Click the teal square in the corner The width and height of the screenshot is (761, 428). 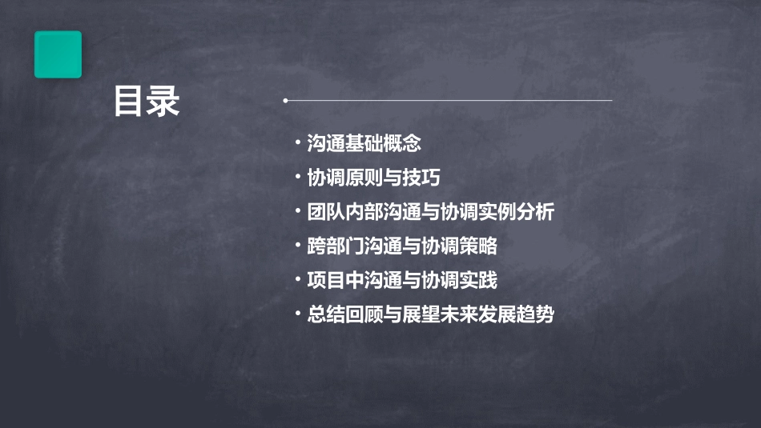[x=58, y=54]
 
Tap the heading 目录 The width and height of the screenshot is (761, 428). [x=147, y=102]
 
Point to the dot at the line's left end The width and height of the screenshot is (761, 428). [x=285, y=101]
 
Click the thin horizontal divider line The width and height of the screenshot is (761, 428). [x=449, y=101]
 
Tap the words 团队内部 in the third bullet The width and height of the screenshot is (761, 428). [x=335, y=212]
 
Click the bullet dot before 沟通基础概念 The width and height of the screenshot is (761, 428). [x=298, y=144]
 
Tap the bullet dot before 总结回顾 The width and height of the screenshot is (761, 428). [x=298, y=314]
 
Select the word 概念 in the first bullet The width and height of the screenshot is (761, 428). [x=402, y=144]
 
